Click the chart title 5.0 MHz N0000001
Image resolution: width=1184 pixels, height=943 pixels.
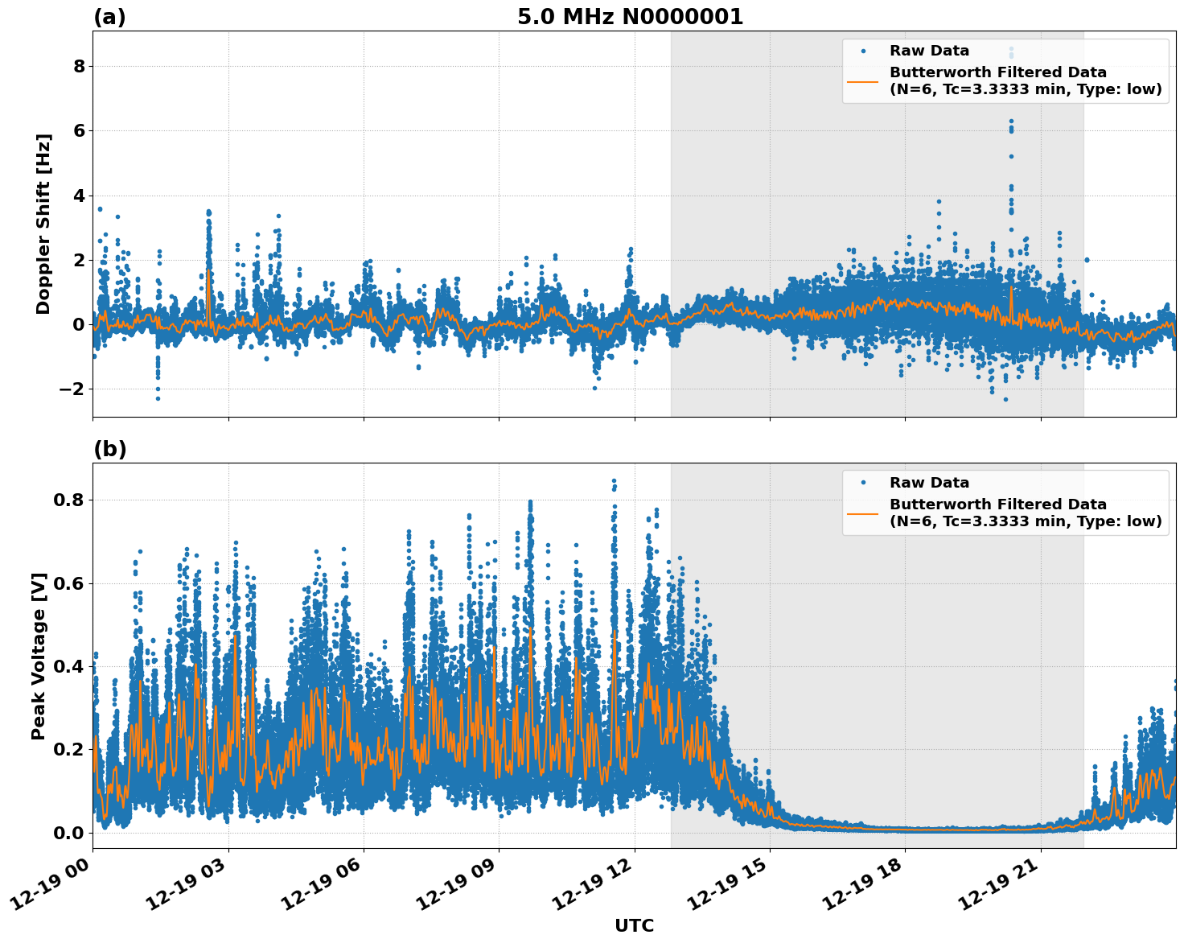coord(630,17)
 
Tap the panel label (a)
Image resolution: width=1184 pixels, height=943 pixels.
coord(109,17)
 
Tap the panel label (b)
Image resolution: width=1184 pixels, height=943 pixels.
coord(109,449)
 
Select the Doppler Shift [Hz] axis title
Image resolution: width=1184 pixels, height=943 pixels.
coord(43,224)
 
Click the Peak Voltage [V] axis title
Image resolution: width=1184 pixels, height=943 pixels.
coord(39,656)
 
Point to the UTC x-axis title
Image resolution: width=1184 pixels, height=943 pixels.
coord(634,925)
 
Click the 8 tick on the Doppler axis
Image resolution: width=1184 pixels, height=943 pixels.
coord(79,66)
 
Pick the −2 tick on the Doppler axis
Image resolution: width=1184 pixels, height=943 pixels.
coord(73,389)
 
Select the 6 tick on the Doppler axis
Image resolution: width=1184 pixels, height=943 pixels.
coord(79,130)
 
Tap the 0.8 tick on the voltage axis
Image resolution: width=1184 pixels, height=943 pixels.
coord(68,500)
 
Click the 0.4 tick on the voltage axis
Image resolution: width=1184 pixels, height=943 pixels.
coord(68,666)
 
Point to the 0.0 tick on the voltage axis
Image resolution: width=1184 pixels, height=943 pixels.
coord(68,833)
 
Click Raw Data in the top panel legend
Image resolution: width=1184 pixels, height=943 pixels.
coord(929,51)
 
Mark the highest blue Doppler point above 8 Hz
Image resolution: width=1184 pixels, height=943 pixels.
coord(1011,48)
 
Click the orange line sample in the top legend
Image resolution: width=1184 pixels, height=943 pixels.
coord(863,80)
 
